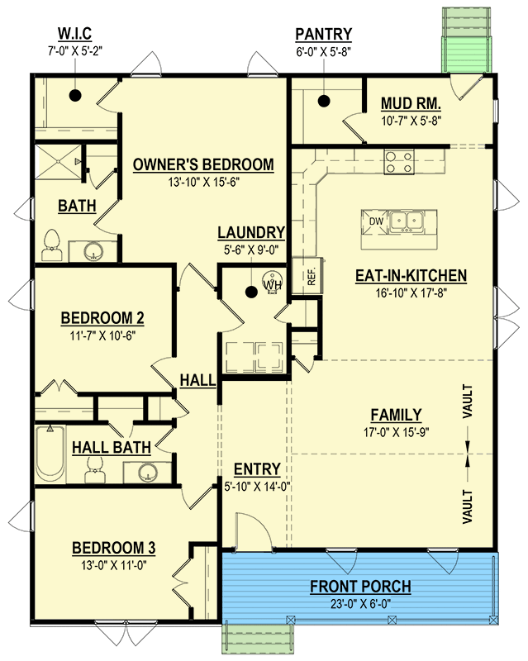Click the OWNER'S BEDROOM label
[x=203, y=164]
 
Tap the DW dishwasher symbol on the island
[x=375, y=221]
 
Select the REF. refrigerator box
[x=308, y=276]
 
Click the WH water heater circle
[x=273, y=282]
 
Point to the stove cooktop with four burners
[x=399, y=162]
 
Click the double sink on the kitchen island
[x=407, y=221]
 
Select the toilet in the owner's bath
[x=52, y=245]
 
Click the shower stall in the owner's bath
[x=58, y=161]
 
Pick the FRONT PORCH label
[x=360, y=587]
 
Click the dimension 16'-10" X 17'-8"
[x=411, y=292]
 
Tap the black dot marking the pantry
[x=324, y=101]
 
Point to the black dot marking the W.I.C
[x=75, y=96]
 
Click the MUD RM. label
[x=411, y=103]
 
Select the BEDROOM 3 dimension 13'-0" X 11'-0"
[x=114, y=565]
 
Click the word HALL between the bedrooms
[x=197, y=380]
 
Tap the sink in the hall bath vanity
[x=148, y=472]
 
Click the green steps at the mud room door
[x=466, y=40]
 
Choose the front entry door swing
[x=253, y=532]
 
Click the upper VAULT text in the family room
[x=468, y=402]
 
